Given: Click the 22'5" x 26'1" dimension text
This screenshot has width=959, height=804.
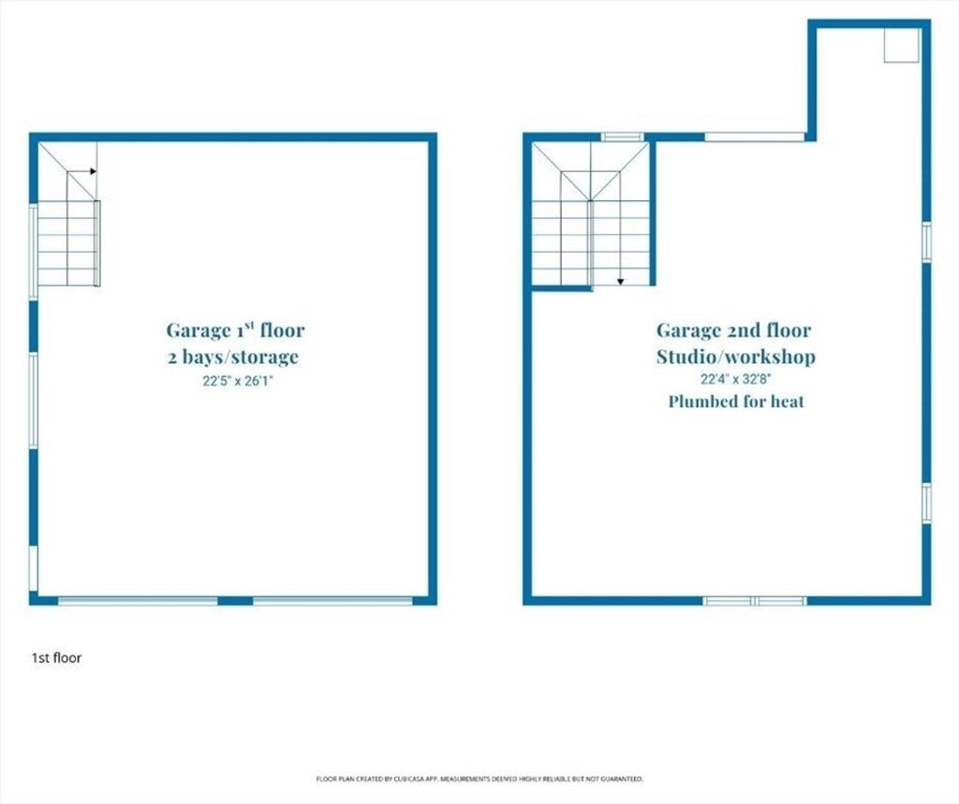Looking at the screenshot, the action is tap(237, 382).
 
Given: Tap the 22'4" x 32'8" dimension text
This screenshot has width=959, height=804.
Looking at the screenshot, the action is tap(735, 379).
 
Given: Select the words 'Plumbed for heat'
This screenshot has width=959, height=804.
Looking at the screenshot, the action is tap(736, 402).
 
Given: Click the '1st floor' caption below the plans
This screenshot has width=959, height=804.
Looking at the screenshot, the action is tap(56, 658).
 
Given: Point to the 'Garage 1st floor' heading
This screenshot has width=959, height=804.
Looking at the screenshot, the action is tap(235, 330).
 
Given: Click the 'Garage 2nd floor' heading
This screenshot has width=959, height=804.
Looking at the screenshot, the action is tap(734, 330).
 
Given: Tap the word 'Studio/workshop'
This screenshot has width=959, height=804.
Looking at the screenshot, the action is tap(736, 357).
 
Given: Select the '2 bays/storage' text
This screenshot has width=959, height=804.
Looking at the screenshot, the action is tap(233, 357).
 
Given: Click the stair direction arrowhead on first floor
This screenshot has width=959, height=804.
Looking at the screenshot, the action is tap(93, 171).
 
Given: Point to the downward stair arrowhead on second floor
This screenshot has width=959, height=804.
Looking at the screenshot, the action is tap(620, 281).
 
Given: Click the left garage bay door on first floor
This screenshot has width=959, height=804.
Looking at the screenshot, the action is tap(138, 601).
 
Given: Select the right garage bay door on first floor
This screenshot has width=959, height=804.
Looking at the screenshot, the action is tap(332, 601).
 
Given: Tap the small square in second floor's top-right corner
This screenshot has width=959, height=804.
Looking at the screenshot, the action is tap(902, 45).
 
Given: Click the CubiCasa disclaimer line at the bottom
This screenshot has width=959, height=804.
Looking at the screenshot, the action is tap(479, 779).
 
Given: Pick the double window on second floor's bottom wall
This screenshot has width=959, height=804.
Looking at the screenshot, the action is tap(754, 601).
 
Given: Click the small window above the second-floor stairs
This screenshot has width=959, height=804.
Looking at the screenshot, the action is tap(622, 137).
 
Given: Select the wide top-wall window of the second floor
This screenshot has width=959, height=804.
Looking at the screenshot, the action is tap(754, 137).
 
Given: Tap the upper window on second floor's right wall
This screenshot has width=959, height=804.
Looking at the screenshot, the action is tap(926, 242).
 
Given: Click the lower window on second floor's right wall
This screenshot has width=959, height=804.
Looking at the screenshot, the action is tap(926, 503).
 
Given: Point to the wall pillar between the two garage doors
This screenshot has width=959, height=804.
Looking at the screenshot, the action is tap(235, 601).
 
